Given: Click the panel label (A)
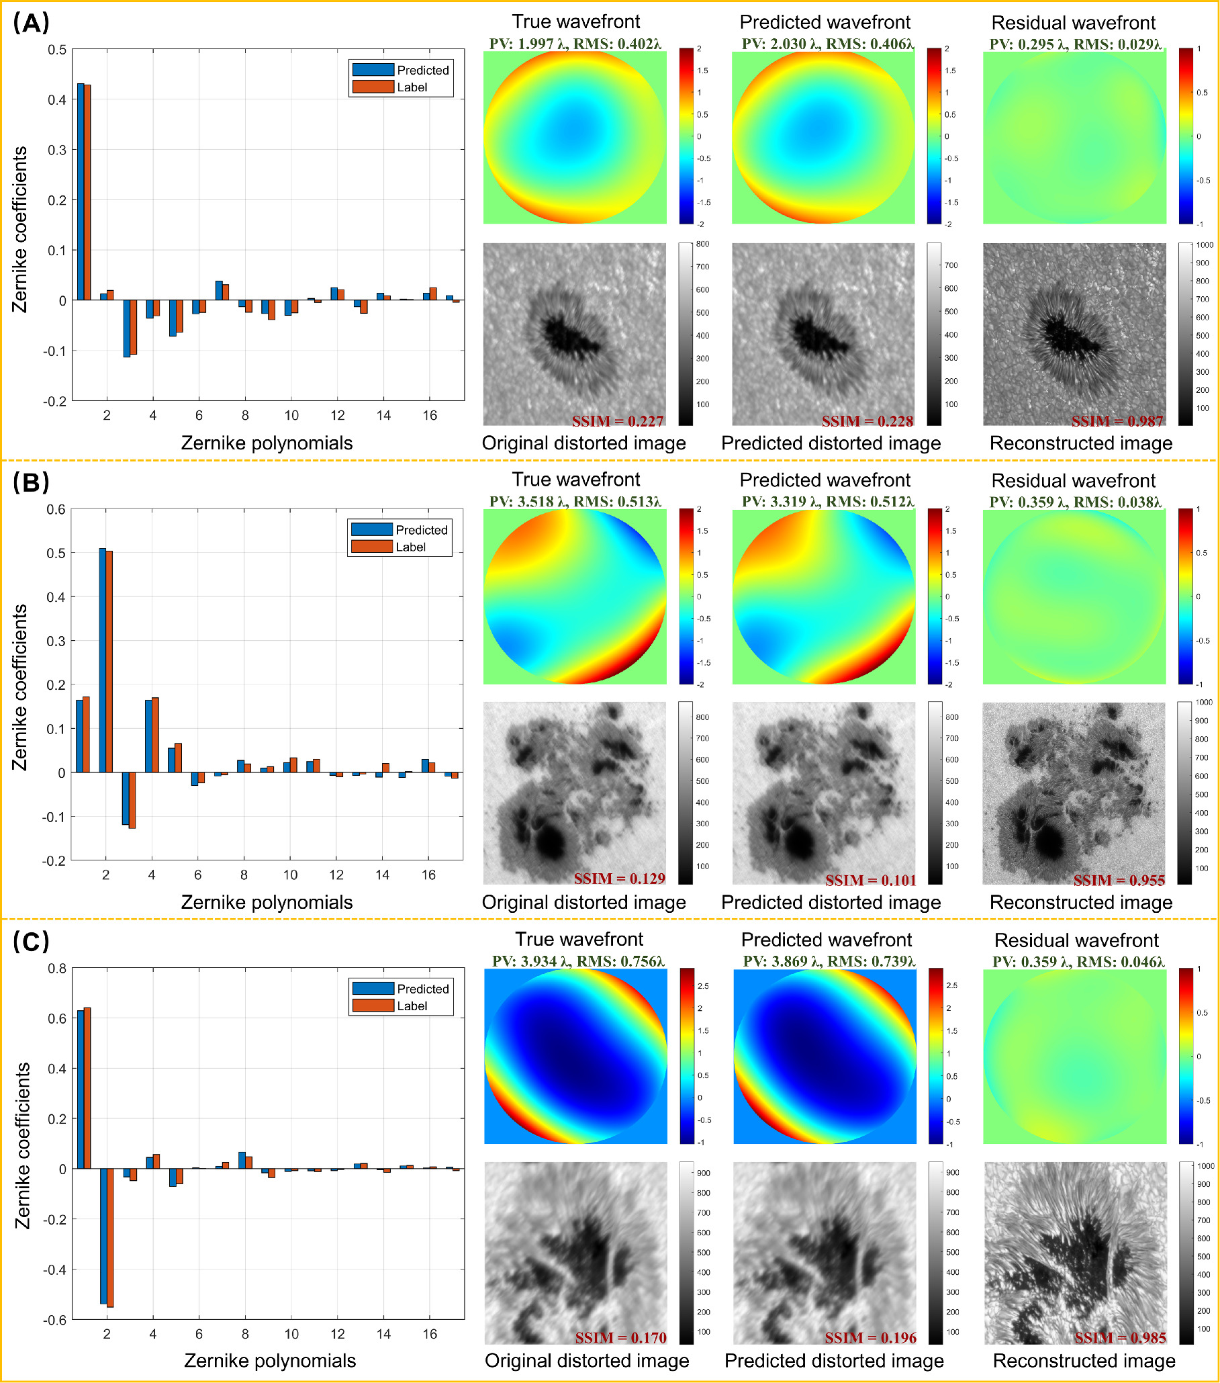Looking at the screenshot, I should (x=31, y=24).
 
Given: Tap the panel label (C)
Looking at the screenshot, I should (x=31, y=942).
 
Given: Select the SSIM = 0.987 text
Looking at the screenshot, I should (x=1117, y=421).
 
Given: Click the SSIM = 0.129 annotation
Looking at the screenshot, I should (x=619, y=879).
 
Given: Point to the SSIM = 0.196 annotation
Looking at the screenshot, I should (x=870, y=1338).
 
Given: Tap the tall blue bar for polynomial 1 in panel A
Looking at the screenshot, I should (x=81, y=192).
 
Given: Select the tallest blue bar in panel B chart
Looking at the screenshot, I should (x=102, y=660).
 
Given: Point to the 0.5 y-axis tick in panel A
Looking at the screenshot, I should (x=58, y=50).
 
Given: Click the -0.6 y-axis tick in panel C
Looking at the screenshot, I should (x=56, y=1319).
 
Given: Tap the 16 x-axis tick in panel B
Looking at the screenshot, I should (x=428, y=875).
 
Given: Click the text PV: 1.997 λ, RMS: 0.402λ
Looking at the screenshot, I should (x=575, y=44).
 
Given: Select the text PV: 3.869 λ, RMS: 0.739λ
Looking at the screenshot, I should (x=829, y=961).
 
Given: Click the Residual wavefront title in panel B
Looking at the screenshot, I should (x=1073, y=480).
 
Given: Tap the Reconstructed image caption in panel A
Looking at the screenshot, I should (x=1080, y=443).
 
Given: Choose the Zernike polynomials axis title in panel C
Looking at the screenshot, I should (x=270, y=1360).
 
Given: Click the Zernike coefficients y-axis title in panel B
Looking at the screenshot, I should (x=20, y=686).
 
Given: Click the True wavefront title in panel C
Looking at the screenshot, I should (x=579, y=939).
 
